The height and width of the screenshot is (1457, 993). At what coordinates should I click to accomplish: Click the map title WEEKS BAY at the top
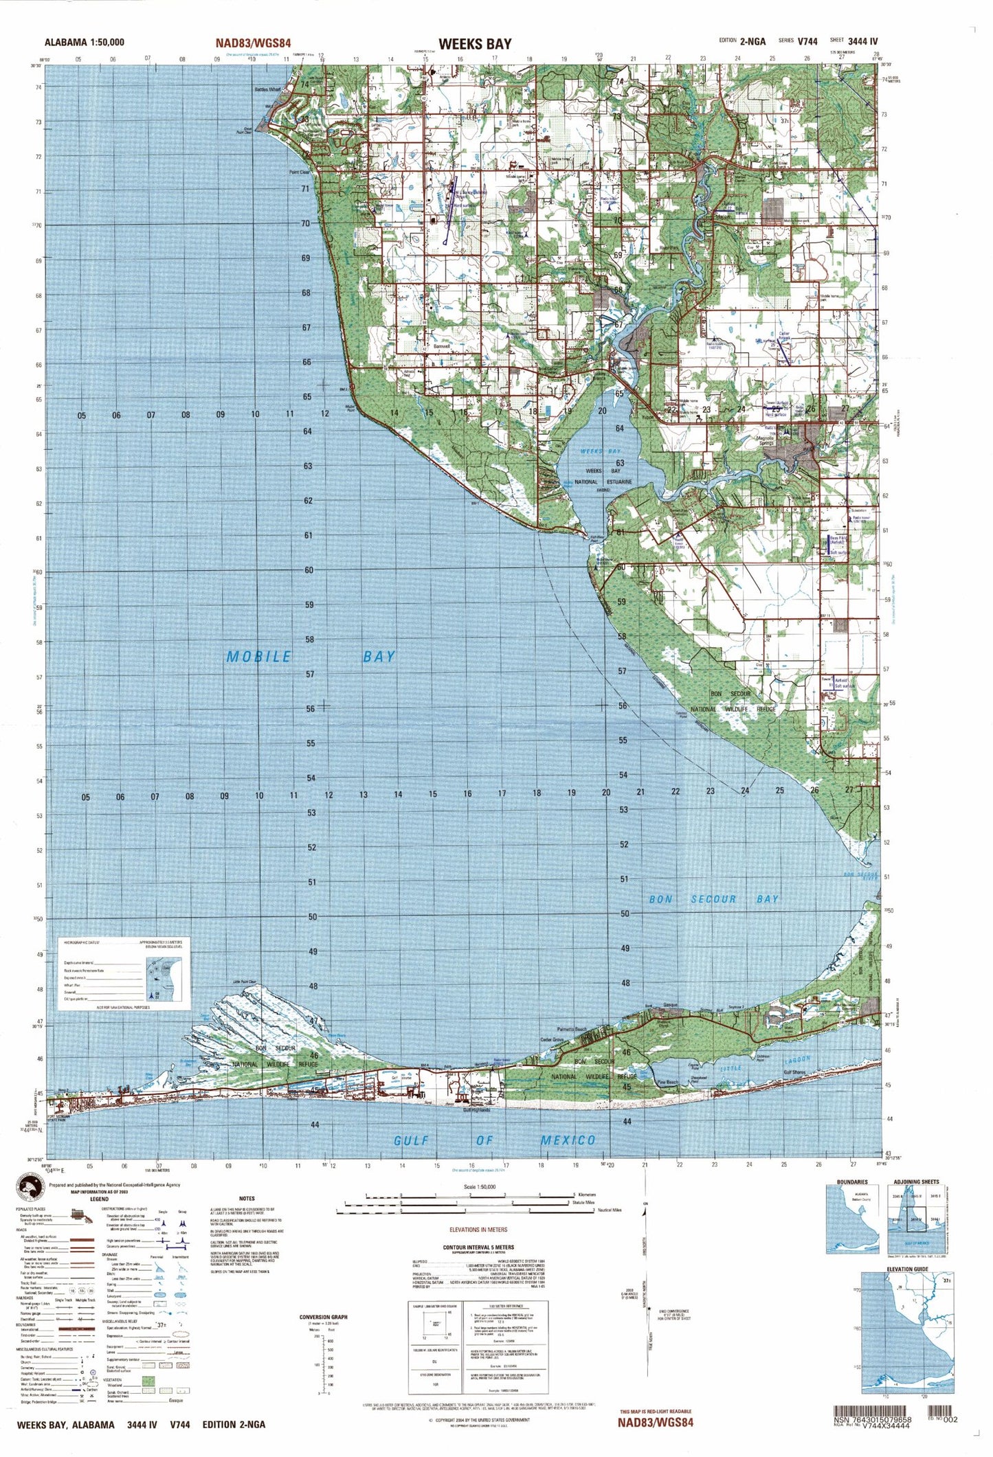pyautogui.click(x=475, y=44)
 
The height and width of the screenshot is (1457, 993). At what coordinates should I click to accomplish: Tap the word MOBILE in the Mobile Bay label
pyautogui.click(x=258, y=657)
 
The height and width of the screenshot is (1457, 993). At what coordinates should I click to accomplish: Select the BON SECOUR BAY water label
pyautogui.click(x=714, y=899)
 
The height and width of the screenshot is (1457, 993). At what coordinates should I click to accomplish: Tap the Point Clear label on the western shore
pyautogui.click(x=300, y=172)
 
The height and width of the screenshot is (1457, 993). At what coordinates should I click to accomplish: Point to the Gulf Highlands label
pyautogui.click(x=476, y=1110)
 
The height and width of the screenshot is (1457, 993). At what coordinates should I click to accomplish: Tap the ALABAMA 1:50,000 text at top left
pyautogui.click(x=84, y=42)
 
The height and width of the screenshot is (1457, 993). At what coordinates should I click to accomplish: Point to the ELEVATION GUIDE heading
pyautogui.click(x=907, y=1269)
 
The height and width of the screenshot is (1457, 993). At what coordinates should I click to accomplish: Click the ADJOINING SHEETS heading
pyautogui.click(x=916, y=1182)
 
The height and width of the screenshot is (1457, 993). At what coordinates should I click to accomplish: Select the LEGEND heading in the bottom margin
pyautogui.click(x=99, y=1199)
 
